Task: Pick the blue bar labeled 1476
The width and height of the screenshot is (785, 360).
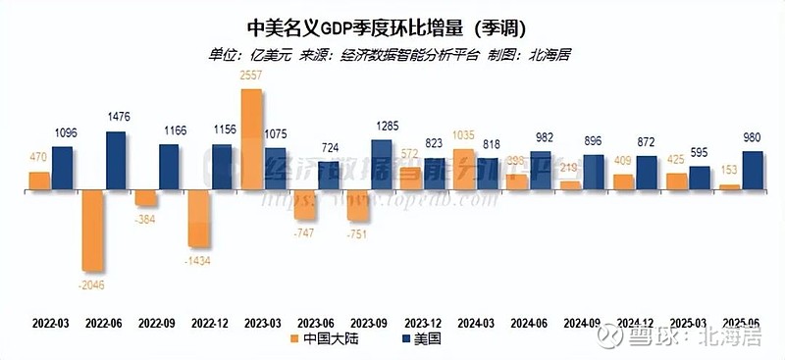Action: click(x=118, y=159)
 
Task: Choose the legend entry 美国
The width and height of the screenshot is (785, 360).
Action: click(x=421, y=338)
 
